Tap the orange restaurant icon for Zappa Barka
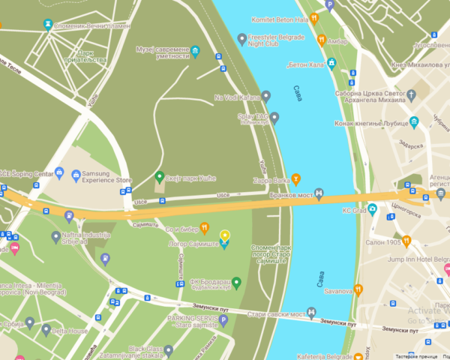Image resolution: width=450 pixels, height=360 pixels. point(296,178)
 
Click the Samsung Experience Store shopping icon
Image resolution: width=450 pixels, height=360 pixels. point(76,175)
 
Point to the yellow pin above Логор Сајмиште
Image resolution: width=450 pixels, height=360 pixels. point(224,235)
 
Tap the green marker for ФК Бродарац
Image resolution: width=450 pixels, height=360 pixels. point(236,283)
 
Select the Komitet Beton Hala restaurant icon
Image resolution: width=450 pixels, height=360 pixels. point(314,18)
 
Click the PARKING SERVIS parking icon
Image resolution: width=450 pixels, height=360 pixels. point(223,320)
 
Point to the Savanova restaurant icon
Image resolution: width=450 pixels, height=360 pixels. point(358,290)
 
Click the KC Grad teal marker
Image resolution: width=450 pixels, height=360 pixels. point(372,209)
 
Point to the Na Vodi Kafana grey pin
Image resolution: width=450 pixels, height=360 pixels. point(265,97)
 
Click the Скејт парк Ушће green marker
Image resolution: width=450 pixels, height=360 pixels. point(159,177)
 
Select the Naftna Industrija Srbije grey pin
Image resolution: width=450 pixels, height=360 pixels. point(55,238)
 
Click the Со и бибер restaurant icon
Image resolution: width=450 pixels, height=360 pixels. point(204,228)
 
